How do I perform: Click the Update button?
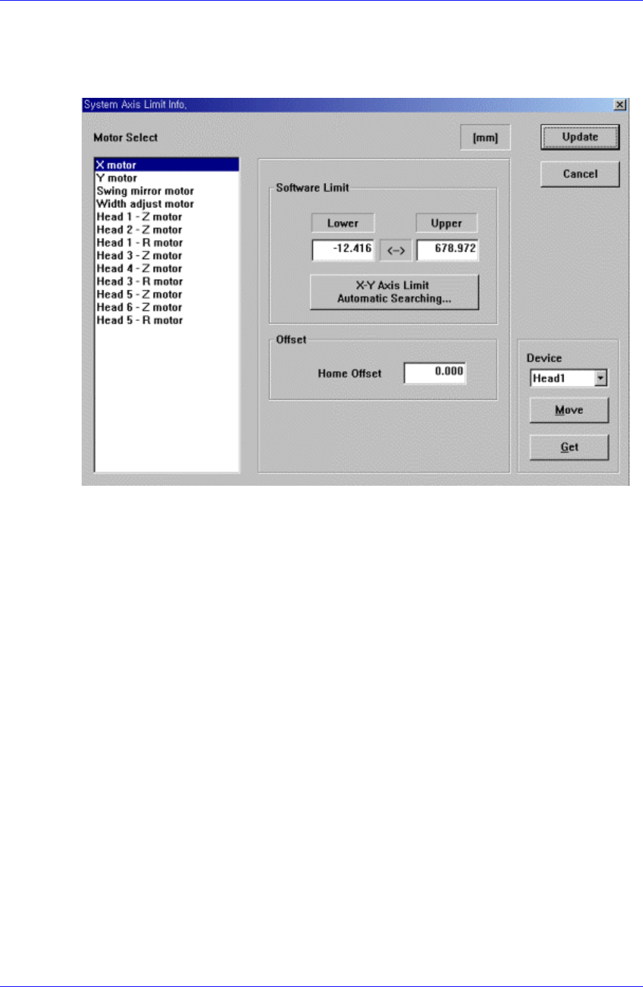(580, 137)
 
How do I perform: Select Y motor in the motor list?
(117, 178)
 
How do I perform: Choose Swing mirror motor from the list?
(145, 191)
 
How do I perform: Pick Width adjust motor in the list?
(145, 204)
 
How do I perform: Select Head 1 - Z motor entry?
(139, 217)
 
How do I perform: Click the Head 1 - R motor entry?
(139, 243)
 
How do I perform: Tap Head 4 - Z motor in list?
(139, 268)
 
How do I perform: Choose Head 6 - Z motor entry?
(139, 307)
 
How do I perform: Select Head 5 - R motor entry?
(139, 320)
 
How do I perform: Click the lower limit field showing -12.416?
(343, 249)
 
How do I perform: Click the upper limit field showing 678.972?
(447, 249)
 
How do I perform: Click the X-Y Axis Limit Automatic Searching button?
(394, 292)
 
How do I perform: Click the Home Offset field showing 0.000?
(435, 372)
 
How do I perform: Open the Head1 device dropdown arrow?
(600, 379)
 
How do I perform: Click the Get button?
(569, 447)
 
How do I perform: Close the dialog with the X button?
(620, 105)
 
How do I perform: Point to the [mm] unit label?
(485, 138)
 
